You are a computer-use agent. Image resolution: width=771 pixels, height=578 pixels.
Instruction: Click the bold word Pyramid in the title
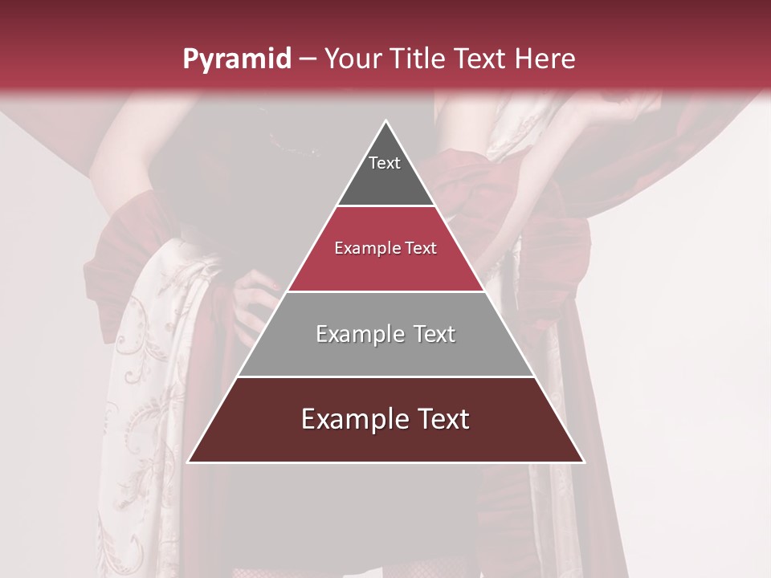click(237, 59)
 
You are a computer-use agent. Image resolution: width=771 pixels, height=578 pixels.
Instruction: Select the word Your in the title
click(356, 59)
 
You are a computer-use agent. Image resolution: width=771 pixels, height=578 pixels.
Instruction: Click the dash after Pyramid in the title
click(308, 59)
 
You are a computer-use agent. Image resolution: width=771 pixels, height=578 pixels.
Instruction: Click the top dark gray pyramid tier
click(385, 173)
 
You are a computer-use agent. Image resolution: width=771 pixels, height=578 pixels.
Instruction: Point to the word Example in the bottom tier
click(350, 420)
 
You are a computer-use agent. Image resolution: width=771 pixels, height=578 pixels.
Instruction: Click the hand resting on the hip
click(255, 301)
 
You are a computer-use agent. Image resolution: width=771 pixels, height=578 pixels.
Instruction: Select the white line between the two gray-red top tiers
click(385, 206)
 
